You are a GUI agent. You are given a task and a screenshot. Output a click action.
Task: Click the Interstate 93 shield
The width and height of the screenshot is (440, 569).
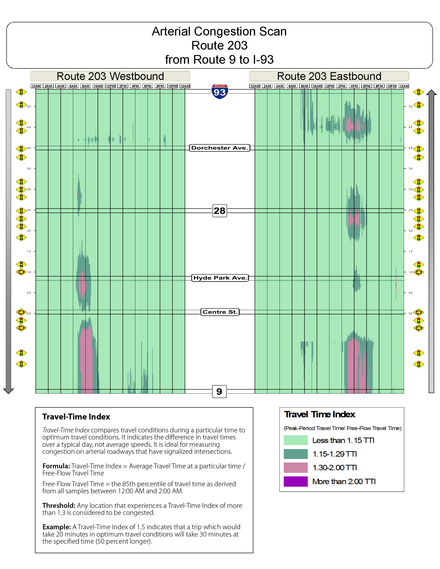coord(220,91)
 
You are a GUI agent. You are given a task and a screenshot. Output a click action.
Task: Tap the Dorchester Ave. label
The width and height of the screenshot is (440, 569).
coord(220,148)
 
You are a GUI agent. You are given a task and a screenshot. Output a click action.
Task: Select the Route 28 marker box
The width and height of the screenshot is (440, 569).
coord(220,210)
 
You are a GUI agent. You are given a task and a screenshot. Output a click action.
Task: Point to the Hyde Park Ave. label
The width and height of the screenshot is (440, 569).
coord(220,278)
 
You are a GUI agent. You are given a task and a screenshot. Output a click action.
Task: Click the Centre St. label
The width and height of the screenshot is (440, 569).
coord(220,312)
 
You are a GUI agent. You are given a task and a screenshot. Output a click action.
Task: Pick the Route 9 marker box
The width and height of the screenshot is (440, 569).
coord(219,391)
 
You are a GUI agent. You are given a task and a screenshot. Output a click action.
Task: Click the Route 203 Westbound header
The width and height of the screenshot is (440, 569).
coord(110,76)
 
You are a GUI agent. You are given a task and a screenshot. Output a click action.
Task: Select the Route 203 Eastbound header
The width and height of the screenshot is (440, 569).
coord(329,76)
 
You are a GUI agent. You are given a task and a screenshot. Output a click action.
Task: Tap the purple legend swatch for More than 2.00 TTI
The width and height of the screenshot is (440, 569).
coord(296,482)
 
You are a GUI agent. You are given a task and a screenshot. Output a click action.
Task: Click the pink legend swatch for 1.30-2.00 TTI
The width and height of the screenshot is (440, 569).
coord(296,468)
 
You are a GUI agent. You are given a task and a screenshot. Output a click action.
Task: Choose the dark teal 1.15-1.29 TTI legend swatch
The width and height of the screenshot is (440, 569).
coord(296,454)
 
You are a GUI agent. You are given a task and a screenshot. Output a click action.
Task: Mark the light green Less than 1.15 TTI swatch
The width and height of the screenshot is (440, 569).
coord(296,440)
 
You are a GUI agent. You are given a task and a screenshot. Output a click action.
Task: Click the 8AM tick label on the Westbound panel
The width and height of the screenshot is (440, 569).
coord(85,86)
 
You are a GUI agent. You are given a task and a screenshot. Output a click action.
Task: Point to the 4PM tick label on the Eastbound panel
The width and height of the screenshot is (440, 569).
coord(354,86)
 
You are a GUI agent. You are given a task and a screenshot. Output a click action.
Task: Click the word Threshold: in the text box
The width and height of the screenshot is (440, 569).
coord(59,506)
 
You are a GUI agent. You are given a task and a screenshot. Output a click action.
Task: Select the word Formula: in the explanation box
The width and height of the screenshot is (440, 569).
coord(56,466)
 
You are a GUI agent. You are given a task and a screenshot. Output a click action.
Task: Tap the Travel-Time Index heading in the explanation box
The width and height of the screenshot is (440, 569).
coord(76,417)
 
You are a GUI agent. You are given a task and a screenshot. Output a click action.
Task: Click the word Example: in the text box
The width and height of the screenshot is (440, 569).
coord(56,527)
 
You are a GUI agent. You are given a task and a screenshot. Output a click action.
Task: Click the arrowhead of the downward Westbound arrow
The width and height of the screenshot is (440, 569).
coord(8,391)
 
